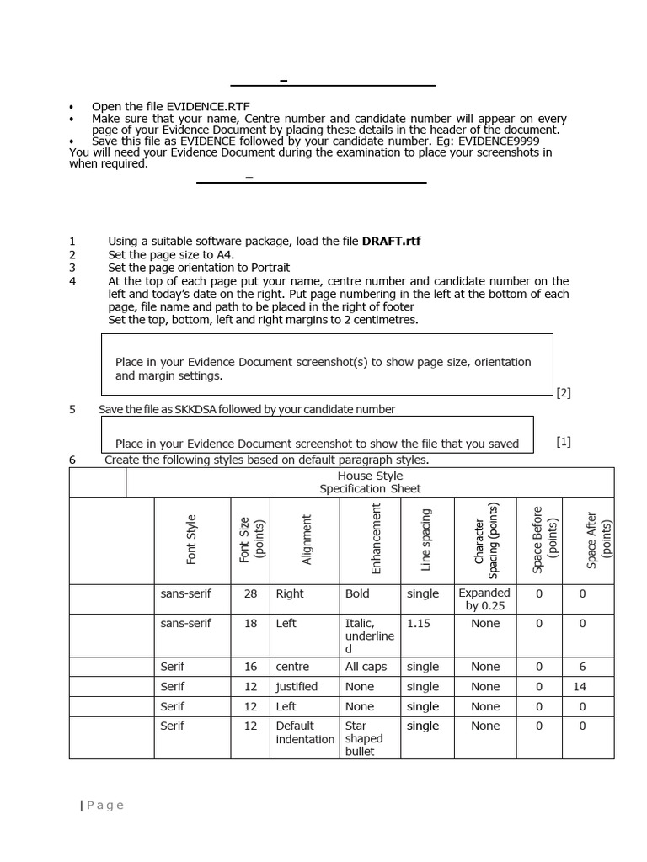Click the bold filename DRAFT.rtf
tap(391, 241)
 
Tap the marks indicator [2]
tap(564, 392)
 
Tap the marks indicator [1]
tap(564, 442)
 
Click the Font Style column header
tap(191, 539)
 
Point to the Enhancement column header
tap(376, 539)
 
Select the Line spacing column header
tap(426, 539)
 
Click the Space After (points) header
tap(598, 539)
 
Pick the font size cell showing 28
tap(250, 593)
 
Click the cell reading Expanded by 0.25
tap(484, 599)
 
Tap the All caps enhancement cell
tap(366, 667)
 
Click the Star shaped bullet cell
tap(364, 738)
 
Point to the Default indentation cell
tap(305, 732)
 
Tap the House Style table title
tap(370, 476)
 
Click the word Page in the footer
tap(105, 805)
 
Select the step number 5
tap(72, 409)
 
